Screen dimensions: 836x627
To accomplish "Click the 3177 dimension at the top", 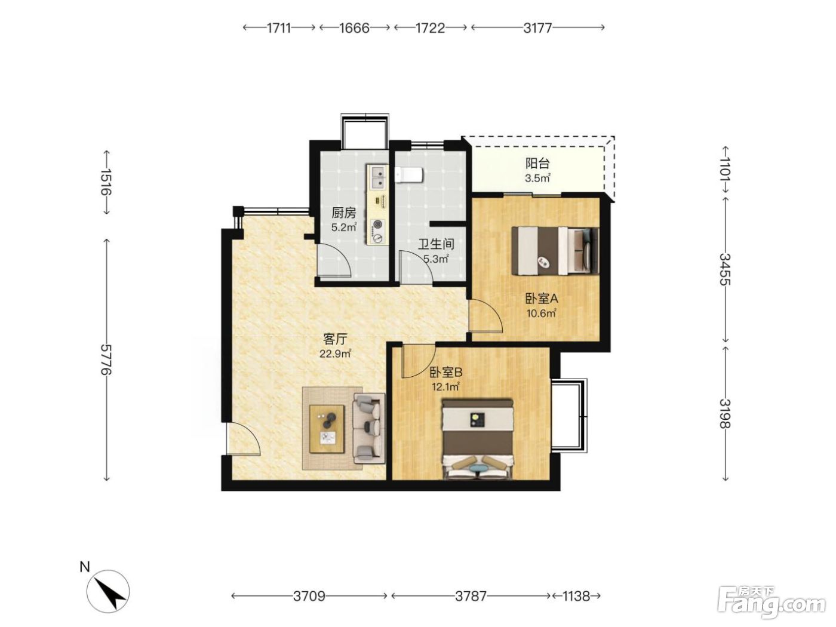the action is [537, 28].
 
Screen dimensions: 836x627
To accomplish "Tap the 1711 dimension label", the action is [279, 28].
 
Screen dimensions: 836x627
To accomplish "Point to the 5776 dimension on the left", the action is [107, 359].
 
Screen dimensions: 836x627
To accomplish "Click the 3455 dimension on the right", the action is [725, 269].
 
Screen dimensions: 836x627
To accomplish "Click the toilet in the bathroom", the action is [408, 175].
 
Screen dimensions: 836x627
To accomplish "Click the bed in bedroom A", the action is [555, 250].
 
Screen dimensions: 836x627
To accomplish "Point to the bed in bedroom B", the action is [477, 439].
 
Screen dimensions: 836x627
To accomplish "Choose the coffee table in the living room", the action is [327, 429].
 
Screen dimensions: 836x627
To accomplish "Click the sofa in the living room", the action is [368, 428].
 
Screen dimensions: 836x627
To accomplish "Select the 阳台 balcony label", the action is [537, 163].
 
